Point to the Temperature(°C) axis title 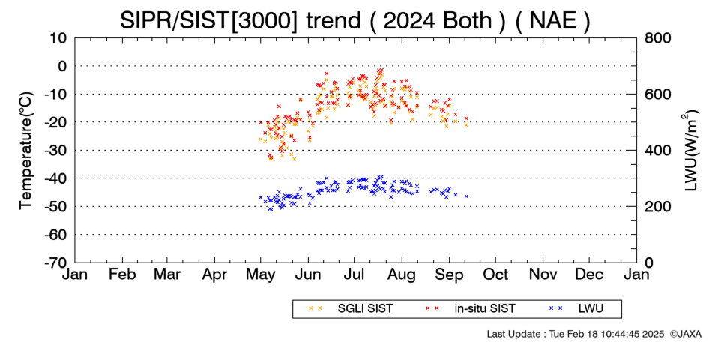click(26, 151)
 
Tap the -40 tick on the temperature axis click(55, 178)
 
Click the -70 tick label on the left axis click(55, 262)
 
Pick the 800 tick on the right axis click(658, 38)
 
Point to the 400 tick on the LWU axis click(658, 151)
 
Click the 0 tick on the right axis click(649, 262)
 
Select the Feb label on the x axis click(122, 274)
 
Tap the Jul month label click(355, 274)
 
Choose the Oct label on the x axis click(495, 274)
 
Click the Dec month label click(589, 274)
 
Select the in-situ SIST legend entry click(471, 309)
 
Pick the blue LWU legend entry click(576, 309)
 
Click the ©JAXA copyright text click(685, 334)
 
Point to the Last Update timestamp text click(576, 334)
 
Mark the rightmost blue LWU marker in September click(466, 196)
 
